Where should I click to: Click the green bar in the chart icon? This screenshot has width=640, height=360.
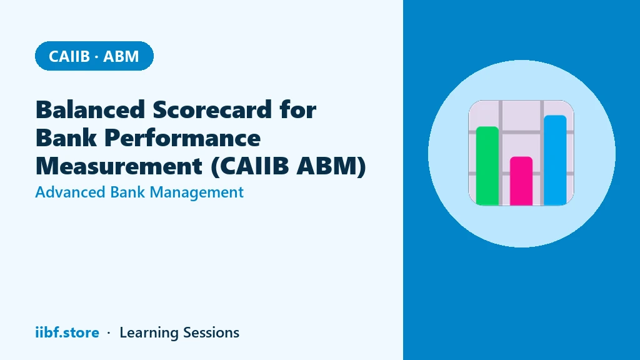click(x=487, y=166)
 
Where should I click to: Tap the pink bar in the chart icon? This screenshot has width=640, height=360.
click(x=521, y=181)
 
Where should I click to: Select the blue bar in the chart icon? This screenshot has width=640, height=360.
click(x=555, y=160)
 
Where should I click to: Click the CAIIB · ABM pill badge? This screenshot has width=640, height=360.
click(x=94, y=56)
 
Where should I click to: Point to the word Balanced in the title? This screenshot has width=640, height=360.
click(x=91, y=109)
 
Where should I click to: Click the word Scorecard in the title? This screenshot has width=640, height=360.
click(x=212, y=109)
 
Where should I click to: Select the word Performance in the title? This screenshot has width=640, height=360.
click(x=182, y=137)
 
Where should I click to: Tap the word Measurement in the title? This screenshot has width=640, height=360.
click(x=119, y=166)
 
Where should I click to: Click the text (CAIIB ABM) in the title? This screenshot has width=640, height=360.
click(x=288, y=166)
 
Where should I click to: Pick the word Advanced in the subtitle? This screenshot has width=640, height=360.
click(x=70, y=192)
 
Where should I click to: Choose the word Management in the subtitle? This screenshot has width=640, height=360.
click(x=197, y=192)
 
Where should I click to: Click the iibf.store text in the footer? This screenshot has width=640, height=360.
click(x=67, y=332)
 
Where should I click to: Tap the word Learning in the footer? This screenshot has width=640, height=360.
click(x=149, y=333)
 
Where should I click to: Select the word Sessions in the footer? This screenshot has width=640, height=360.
click(x=211, y=332)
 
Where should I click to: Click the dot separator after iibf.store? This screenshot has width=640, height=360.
click(x=109, y=333)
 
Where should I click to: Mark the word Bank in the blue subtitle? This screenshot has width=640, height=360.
click(x=127, y=192)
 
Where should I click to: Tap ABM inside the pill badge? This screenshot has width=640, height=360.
click(x=121, y=56)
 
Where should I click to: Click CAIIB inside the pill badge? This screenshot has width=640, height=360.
click(x=69, y=56)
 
